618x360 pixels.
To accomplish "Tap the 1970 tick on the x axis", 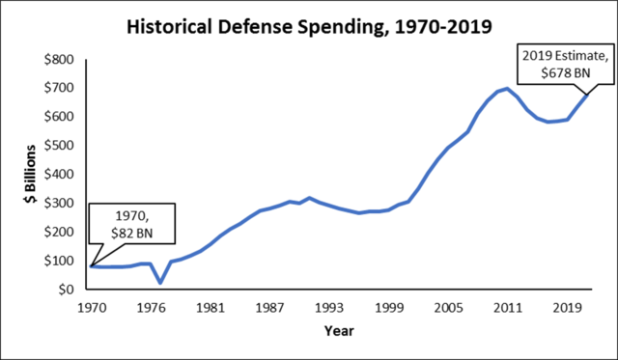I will coord(93,310).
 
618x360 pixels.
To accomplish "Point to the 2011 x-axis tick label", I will coord(503,310).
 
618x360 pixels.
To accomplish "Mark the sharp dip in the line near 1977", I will coord(160,283).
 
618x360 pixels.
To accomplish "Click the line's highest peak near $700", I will coord(507,89).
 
